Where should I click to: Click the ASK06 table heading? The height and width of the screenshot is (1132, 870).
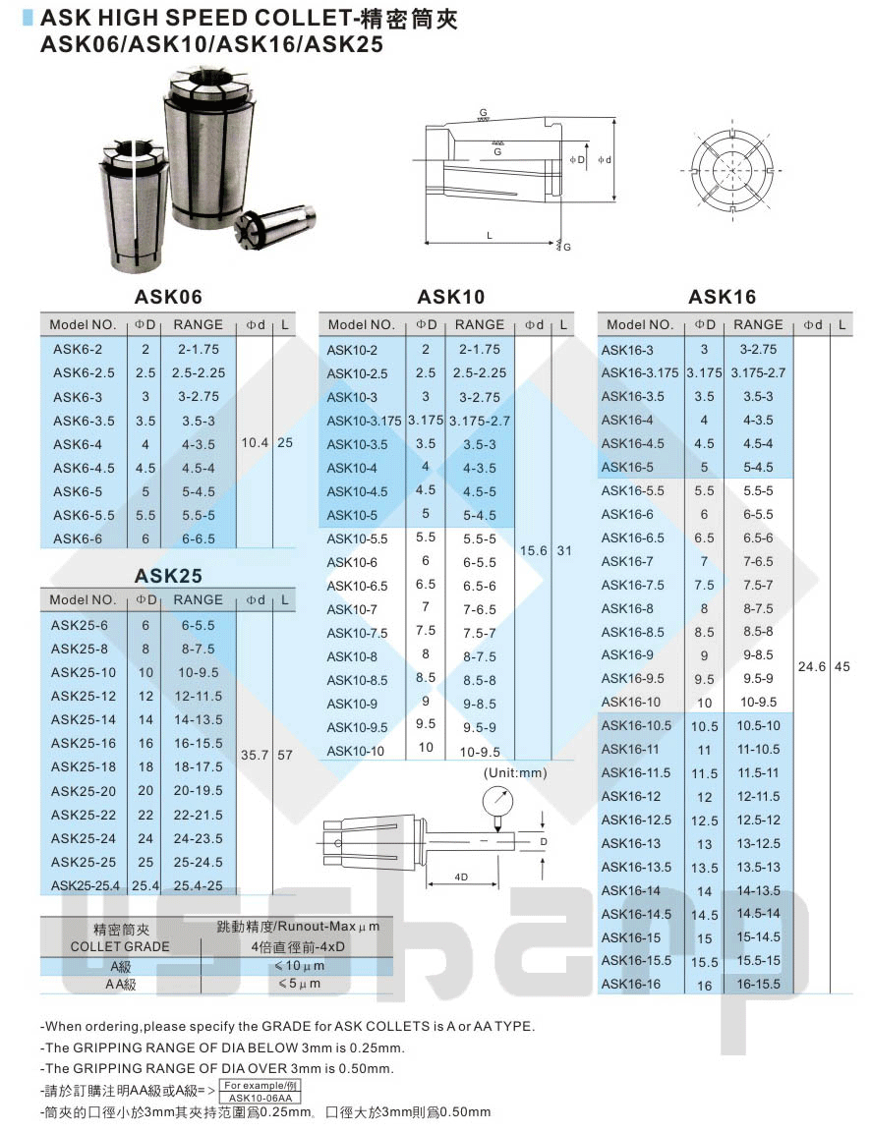pos(168,297)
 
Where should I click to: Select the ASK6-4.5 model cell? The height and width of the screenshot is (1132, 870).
pos(84,468)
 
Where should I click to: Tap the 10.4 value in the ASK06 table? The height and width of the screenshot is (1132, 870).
pos(255,442)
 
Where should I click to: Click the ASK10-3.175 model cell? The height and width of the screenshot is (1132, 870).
pos(364,421)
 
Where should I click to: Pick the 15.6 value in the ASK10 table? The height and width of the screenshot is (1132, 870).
pos(534,550)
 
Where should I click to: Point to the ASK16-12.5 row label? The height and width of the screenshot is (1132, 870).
pos(636,821)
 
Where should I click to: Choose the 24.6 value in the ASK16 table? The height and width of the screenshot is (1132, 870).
pos(812,666)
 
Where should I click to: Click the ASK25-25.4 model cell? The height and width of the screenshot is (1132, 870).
pos(86,885)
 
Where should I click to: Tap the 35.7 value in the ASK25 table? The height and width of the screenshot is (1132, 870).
pos(255,755)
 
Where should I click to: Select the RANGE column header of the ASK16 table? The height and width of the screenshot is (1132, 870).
pos(758,325)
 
